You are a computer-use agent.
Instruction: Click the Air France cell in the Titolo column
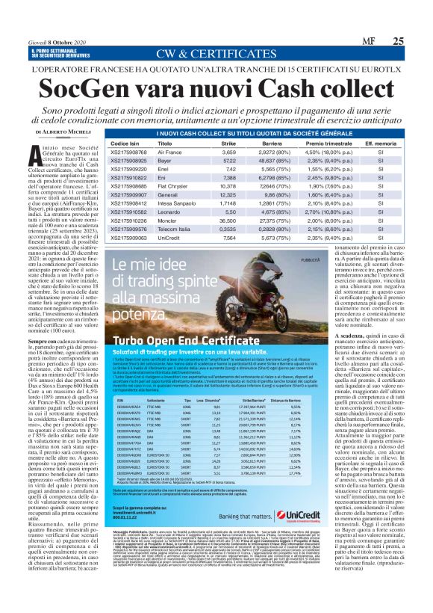coord(169,152)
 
